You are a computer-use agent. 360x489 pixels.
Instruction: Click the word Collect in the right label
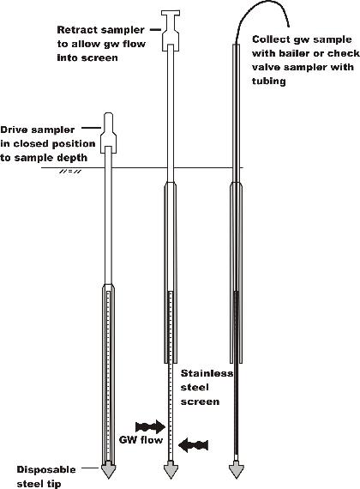(269, 39)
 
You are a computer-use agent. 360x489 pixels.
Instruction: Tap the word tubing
(268, 81)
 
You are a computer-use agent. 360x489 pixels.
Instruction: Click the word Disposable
(46, 469)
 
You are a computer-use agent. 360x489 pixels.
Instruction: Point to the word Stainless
(207, 373)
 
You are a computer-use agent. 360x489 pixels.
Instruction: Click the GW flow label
(141, 440)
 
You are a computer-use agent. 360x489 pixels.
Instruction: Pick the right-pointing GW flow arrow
(150, 426)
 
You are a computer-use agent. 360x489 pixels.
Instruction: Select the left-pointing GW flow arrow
(193, 444)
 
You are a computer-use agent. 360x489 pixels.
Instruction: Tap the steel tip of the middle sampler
(171, 471)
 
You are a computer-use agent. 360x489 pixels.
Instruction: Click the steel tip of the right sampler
(237, 471)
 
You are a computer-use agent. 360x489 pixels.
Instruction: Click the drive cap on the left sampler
(108, 133)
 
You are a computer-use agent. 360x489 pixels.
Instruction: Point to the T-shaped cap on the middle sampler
(171, 31)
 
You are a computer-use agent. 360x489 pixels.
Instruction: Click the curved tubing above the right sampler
(262, 13)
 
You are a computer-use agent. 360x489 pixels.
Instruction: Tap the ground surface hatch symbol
(70, 172)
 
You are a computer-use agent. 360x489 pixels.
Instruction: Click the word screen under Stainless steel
(200, 401)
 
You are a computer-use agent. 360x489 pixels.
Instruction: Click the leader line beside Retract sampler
(155, 30)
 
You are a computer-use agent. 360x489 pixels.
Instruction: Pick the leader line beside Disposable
(91, 468)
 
